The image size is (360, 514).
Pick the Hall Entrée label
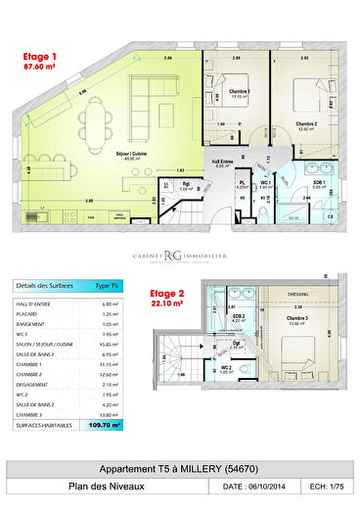pyautogui.click(x=220, y=162)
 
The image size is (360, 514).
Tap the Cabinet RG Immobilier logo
pyautogui.click(x=180, y=257)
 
